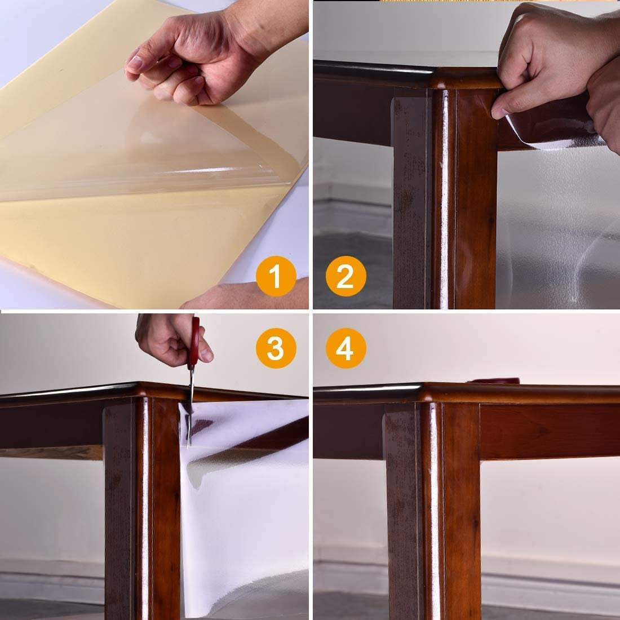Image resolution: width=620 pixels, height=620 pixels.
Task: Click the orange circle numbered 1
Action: (275, 276)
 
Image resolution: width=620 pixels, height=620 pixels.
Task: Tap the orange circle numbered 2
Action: (345, 276)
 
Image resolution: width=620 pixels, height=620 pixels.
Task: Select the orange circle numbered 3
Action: (275, 349)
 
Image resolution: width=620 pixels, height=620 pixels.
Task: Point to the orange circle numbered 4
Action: (345, 349)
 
